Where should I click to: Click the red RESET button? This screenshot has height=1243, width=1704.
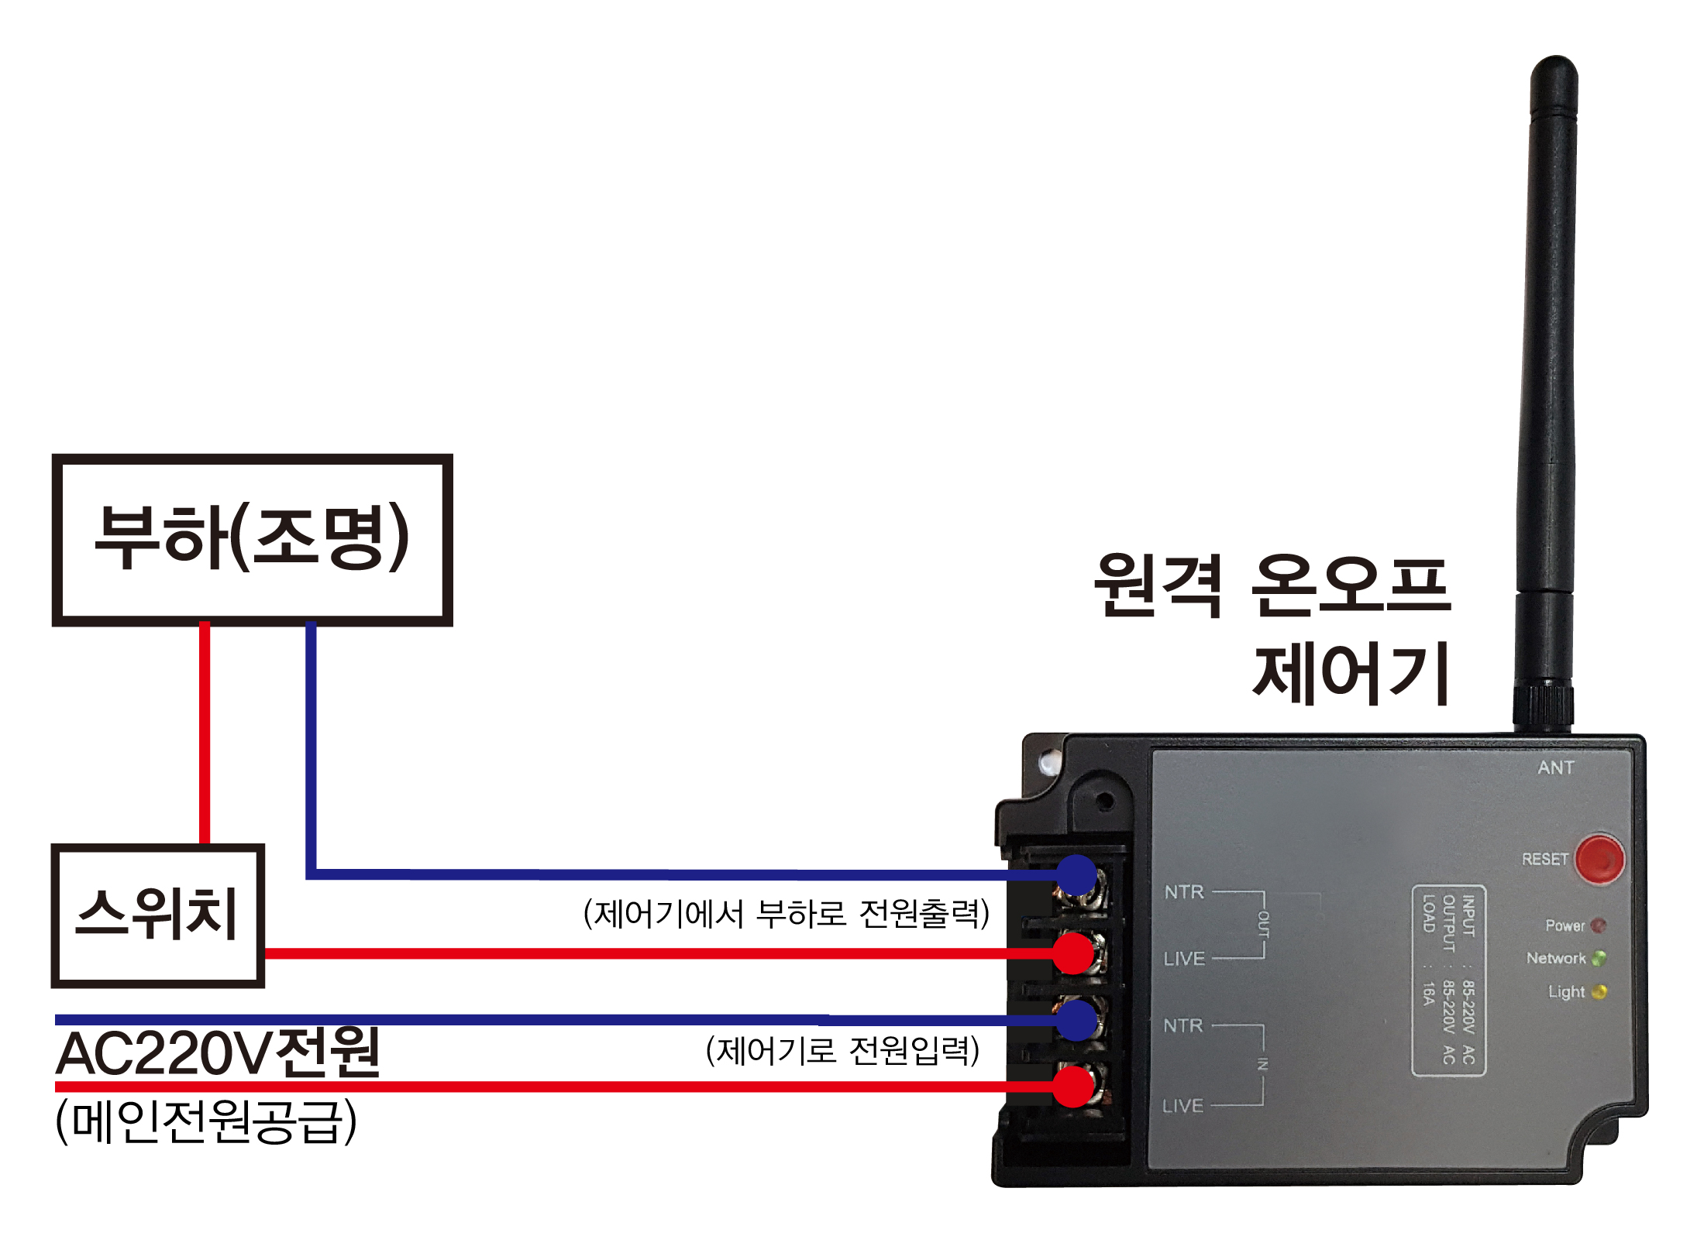click(x=1599, y=859)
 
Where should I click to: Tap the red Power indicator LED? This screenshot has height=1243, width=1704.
click(x=1598, y=925)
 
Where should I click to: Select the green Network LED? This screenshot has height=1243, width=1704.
click(x=1598, y=958)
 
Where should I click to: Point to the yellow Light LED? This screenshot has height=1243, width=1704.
click(x=1598, y=992)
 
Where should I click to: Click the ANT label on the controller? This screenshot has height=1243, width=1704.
click(x=1556, y=767)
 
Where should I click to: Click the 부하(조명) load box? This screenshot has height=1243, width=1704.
click(x=252, y=540)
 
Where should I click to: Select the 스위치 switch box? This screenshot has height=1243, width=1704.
click(x=157, y=915)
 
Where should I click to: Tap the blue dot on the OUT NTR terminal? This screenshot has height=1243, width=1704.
click(x=1076, y=876)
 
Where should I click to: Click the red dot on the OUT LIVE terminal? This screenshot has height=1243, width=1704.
click(x=1073, y=953)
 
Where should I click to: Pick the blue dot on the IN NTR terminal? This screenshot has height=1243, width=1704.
click(x=1076, y=1020)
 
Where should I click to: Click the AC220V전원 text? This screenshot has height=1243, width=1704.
click(x=218, y=1053)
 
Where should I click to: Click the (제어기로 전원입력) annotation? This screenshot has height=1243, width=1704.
click(x=842, y=1051)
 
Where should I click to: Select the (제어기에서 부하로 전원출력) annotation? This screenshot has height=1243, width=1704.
click(x=786, y=914)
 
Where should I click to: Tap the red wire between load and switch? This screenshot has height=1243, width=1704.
click(x=205, y=732)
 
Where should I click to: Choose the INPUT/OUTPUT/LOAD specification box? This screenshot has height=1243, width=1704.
click(x=1448, y=980)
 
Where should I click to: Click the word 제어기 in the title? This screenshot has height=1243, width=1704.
click(x=1351, y=674)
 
